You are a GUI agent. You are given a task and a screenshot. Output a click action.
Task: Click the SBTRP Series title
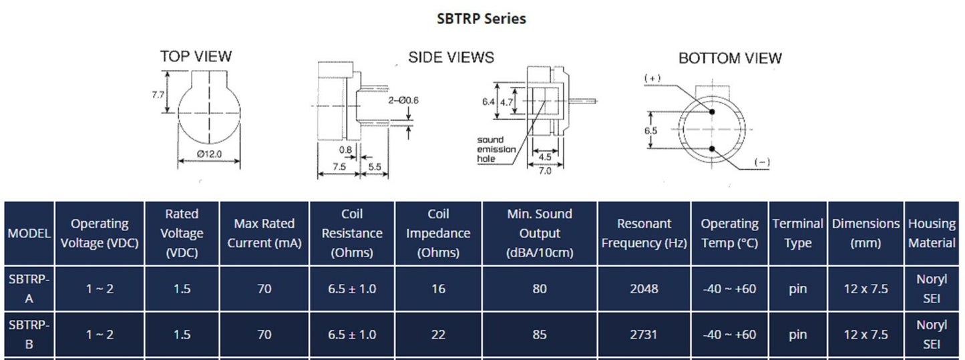481,19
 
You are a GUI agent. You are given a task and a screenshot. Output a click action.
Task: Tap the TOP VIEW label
196,56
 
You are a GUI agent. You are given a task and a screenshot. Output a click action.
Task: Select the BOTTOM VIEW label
730,58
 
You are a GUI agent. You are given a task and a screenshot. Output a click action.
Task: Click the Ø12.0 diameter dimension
210,154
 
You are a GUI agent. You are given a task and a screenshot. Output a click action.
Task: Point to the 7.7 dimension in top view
158,94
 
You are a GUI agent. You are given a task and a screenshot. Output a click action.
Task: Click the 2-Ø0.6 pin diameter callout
403,100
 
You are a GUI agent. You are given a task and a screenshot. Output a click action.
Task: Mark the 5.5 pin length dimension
375,167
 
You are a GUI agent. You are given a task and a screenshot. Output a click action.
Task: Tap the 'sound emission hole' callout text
496,150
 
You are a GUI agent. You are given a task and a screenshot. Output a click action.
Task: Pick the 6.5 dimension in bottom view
650,130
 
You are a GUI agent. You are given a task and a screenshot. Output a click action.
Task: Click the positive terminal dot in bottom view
712,112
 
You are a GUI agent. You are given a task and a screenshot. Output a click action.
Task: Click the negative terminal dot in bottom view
712,149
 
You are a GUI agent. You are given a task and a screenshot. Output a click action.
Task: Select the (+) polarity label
652,78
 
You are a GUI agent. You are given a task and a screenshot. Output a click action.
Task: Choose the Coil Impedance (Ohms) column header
438,233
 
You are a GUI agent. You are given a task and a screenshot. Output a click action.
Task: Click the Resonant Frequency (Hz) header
644,233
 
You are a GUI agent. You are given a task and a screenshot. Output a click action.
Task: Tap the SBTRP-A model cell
29,289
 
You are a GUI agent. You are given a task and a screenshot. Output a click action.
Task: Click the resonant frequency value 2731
644,335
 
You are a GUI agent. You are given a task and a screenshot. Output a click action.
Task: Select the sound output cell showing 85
540,335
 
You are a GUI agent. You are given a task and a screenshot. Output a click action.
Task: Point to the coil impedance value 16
438,289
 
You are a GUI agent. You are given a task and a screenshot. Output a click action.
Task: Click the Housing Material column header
932,233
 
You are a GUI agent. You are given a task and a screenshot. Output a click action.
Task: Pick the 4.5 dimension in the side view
545,157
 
